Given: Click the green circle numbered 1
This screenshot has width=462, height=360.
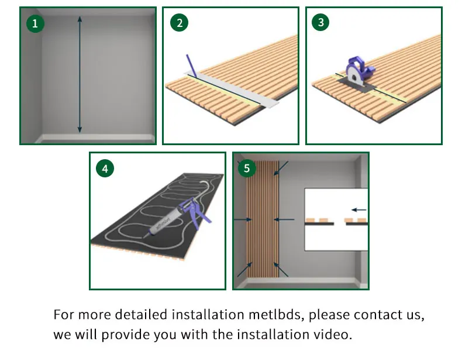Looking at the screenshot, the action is pyautogui.click(x=35, y=23).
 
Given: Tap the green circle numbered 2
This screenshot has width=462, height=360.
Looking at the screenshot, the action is pyautogui.click(x=179, y=23).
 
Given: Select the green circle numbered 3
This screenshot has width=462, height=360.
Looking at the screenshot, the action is pyautogui.click(x=320, y=22).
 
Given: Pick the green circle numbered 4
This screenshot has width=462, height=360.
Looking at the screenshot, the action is pyautogui.click(x=105, y=169).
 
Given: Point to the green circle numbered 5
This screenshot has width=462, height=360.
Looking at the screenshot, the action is pyautogui.click(x=247, y=168).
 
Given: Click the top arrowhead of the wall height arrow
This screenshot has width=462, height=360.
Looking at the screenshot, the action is pyautogui.click(x=80, y=19).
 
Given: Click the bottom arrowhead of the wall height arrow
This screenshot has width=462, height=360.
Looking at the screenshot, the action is pyautogui.click(x=80, y=129).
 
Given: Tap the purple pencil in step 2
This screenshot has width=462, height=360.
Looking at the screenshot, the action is pyautogui.click(x=191, y=66).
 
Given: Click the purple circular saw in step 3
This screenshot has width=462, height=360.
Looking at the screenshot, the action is pyautogui.click(x=360, y=71).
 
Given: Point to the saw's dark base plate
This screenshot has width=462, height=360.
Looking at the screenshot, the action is pyautogui.click(x=357, y=85).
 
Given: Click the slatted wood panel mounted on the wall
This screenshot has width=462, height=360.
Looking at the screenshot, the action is pyautogui.click(x=263, y=219).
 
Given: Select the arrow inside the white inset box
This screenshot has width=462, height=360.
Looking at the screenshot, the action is pyautogui.click(x=359, y=210).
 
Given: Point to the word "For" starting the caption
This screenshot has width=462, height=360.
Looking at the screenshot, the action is pyautogui.click(x=64, y=314).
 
